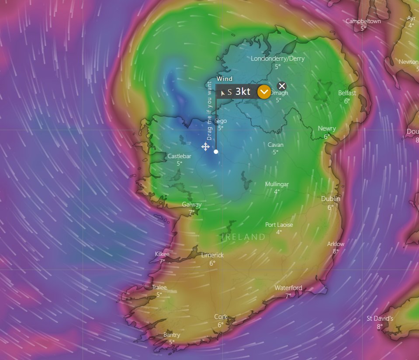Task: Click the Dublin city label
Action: [x=330, y=199]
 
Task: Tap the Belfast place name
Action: [x=347, y=93]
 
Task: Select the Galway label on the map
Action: [x=191, y=204]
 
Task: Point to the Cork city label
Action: [x=221, y=317]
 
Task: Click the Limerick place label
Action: [x=212, y=255]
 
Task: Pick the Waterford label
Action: [x=288, y=288]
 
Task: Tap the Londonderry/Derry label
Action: [x=277, y=59]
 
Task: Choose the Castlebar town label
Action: [x=179, y=156]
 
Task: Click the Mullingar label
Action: [x=277, y=184]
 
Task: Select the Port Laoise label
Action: [x=279, y=225]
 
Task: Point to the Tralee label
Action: [x=159, y=287]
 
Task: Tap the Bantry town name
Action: [x=172, y=335]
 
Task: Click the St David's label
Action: [x=380, y=318]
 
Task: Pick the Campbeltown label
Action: [x=363, y=21]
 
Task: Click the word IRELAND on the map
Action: [x=244, y=237]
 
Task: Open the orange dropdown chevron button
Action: [x=264, y=92]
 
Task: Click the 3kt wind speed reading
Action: [x=243, y=92]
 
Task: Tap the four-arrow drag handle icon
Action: [x=205, y=146]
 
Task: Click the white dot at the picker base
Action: [x=216, y=152]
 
